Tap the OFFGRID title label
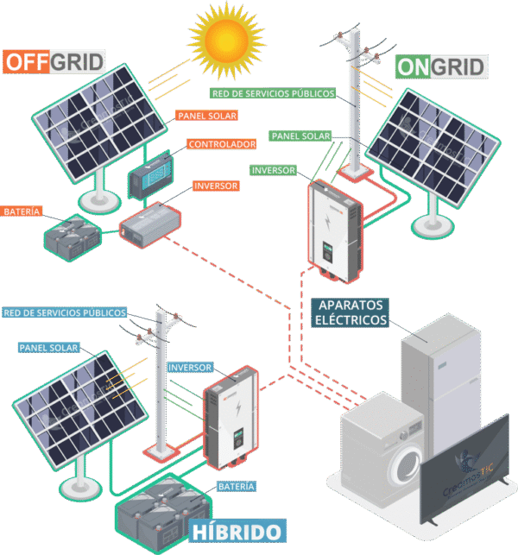[x=54, y=62]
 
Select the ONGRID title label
[x=441, y=66]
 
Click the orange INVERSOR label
[x=216, y=186]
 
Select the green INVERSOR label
[x=274, y=170]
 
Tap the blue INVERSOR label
[x=190, y=368]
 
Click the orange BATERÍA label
[x=22, y=211]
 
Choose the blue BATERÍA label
[x=237, y=487]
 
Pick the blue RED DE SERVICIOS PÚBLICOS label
[x=66, y=312]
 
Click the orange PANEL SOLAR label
[x=206, y=115]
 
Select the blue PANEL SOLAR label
[x=48, y=348]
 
